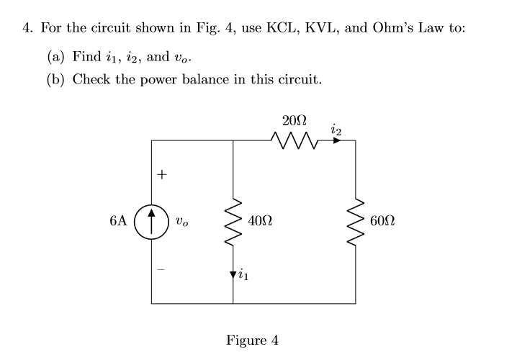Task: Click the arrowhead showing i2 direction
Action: pyautogui.click(x=335, y=140)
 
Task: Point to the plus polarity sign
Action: pyautogui.click(x=163, y=174)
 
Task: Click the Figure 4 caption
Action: pyautogui.click(x=252, y=339)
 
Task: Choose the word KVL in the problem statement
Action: pyautogui.click(x=328, y=28)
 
